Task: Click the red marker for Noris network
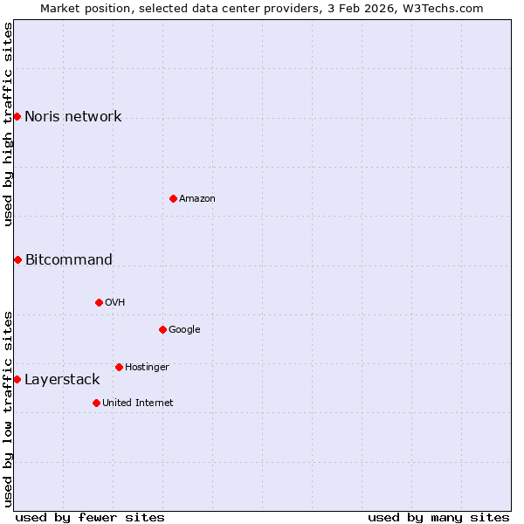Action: click(17, 116)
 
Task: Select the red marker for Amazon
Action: click(173, 198)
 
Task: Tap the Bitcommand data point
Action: click(17, 259)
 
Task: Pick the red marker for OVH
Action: click(99, 302)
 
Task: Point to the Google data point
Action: click(162, 329)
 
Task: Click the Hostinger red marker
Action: click(119, 367)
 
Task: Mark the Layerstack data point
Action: click(17, 379)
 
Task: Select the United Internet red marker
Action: click(96, 403)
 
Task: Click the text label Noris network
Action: click(73, 117)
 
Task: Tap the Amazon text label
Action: click(197, 199)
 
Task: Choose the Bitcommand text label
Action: click(69, 259)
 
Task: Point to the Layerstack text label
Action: click(62, 380)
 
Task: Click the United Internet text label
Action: click(138, 403)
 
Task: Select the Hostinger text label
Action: click(147, 368)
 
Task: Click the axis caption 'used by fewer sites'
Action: click(90, 517)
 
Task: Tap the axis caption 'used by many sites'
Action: click(438, 517)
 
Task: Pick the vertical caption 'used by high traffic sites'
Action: click(9, 124)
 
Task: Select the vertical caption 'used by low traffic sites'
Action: click(9, 408)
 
